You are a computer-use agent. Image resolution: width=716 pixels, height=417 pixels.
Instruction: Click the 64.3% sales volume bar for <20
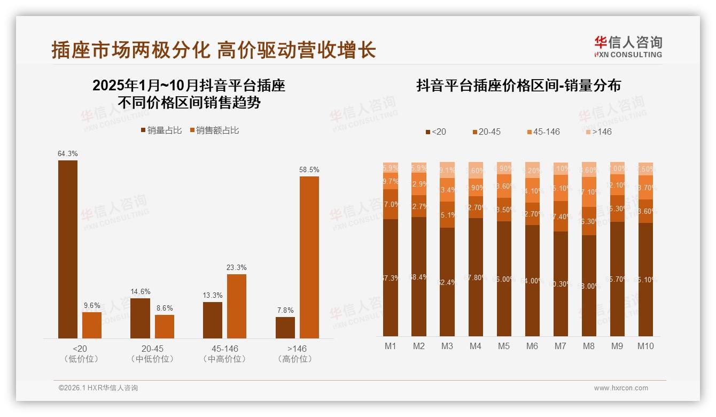(x=68, y=249)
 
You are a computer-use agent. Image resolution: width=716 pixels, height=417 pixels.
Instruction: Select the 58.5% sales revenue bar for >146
(x=309, y=257)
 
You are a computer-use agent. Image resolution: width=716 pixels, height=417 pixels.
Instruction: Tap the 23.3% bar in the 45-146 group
(x=237, y=306)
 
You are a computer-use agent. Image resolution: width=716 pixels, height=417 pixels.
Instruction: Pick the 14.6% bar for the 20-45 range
(x=140, y=318)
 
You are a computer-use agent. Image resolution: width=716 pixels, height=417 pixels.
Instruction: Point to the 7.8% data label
(x=285, y=310)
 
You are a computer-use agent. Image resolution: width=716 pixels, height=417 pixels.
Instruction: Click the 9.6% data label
(x=92, y=305)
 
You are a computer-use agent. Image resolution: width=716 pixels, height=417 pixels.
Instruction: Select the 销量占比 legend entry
(x=162, y=130)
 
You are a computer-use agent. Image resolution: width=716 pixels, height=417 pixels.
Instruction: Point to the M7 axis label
(x=560, y=346)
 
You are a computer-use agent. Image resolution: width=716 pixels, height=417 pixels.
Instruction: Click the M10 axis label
(x=645, y=346)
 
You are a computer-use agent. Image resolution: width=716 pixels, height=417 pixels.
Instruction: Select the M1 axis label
(x=391, y=346)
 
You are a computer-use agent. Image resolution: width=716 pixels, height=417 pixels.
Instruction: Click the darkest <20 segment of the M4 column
(x=476, y=277)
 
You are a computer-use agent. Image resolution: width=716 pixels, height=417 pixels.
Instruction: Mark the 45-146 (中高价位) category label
(x=224, y=353)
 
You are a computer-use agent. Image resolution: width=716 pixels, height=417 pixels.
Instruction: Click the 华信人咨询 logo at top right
(x=628, y=47)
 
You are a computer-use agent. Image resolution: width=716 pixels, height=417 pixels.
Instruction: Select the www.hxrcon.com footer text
(x=621, y=388)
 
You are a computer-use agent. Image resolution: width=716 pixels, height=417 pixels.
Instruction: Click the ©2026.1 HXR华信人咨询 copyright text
(x=98, y=388)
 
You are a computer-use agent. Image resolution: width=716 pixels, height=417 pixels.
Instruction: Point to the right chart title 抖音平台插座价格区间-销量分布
(x=518, y=86)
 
